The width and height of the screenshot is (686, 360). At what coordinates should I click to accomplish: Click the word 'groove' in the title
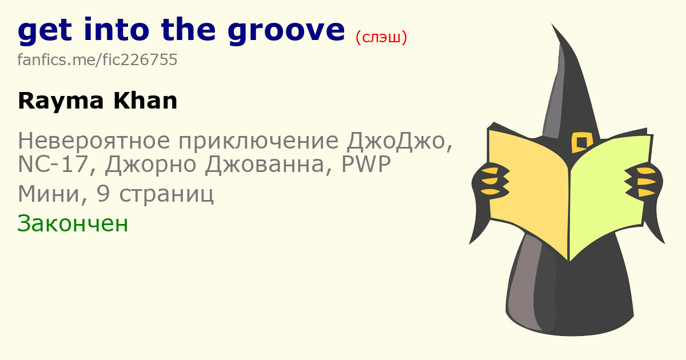coord(286,31)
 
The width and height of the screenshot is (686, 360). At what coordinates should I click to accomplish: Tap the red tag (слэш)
coord(381,37)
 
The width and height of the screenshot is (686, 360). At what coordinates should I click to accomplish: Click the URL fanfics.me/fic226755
coord(97,59)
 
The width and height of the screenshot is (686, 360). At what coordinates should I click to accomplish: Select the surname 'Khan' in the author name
coord(145,101)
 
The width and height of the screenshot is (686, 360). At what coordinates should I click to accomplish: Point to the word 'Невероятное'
coord(94,141)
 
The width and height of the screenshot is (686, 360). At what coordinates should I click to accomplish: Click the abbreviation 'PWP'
coord(366,164)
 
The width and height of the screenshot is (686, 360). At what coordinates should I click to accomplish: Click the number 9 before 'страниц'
coord(103,194)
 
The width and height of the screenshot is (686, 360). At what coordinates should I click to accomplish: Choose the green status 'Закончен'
coord(73,223)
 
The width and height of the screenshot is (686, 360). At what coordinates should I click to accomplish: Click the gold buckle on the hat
coord(581,142)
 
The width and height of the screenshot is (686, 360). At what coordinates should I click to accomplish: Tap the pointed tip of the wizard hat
coord(552,24)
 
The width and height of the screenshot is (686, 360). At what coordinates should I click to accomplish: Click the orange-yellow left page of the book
coord(528,190)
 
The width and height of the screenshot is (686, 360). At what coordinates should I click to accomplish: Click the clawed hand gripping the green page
coord(643,182)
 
